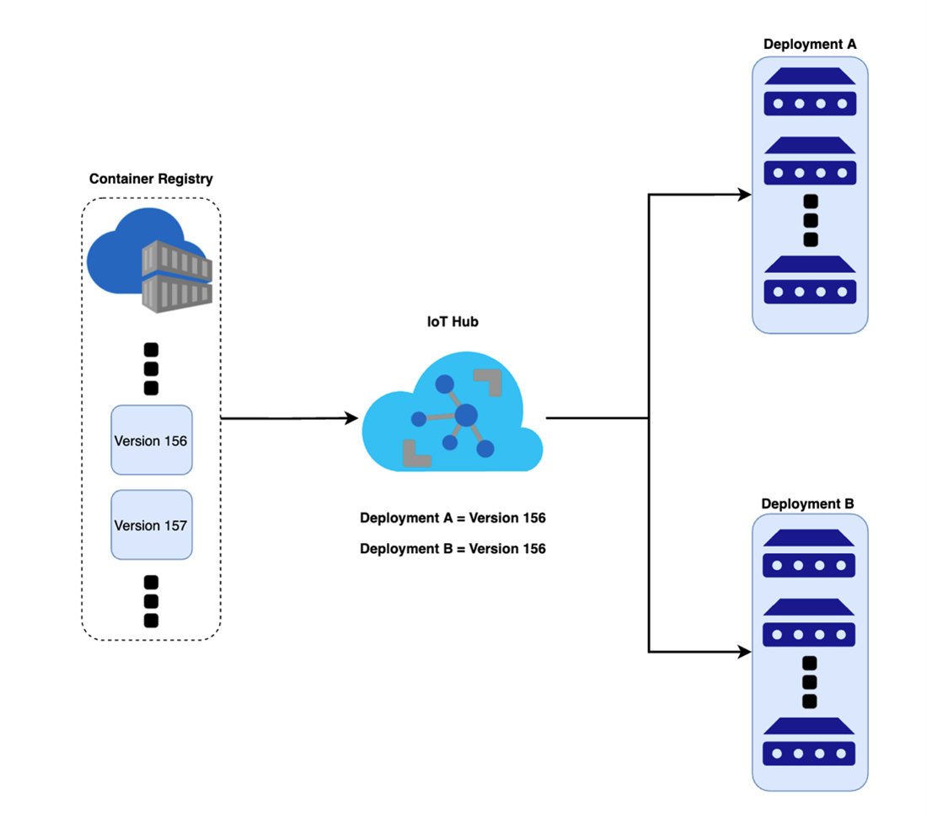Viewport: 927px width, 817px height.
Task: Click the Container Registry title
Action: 151,179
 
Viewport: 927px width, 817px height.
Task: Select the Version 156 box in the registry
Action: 152,440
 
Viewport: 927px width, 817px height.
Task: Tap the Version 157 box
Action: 152,524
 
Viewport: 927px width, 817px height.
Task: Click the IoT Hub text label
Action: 453,320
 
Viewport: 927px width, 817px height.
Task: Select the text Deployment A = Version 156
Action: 453,518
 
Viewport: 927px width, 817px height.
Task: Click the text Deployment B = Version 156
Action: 453,549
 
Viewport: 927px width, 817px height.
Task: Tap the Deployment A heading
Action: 809,44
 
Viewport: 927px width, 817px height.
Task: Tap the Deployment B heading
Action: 808,504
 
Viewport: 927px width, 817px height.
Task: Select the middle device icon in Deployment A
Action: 810,160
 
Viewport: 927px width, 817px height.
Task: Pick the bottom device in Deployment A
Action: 810,280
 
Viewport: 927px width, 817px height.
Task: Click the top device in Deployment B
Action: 809,553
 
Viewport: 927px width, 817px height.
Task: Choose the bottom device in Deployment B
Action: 809,742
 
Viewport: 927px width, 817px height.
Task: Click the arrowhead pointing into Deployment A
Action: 744,195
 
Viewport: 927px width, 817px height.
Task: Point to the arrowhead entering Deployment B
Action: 744,652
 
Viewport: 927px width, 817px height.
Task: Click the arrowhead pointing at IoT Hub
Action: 354,417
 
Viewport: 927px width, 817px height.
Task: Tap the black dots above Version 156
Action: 152,368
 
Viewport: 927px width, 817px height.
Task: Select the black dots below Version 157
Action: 152,600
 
